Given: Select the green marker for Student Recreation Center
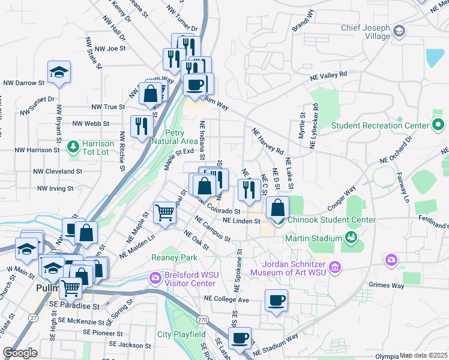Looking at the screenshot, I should click(x=438, y=125).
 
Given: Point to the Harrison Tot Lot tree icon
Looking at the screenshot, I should click(x=73, y=146).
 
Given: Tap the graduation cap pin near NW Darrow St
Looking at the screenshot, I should click(x=59, y=73).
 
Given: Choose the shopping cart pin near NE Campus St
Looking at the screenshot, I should click(x=165, y=212).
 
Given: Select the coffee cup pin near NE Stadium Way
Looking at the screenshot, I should click(x=240, y=338).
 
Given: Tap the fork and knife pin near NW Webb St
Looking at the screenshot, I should click(x=142, y=125).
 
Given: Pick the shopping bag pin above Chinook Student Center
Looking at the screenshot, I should click(x=277, y=208).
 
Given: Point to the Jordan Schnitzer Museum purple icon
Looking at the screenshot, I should click(x=335, y=266).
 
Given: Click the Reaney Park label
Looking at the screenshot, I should click(x=175, y=257).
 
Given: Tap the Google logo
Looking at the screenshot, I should click(x=20, y=352).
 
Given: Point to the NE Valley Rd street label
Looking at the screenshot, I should click(x=328, y=76).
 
